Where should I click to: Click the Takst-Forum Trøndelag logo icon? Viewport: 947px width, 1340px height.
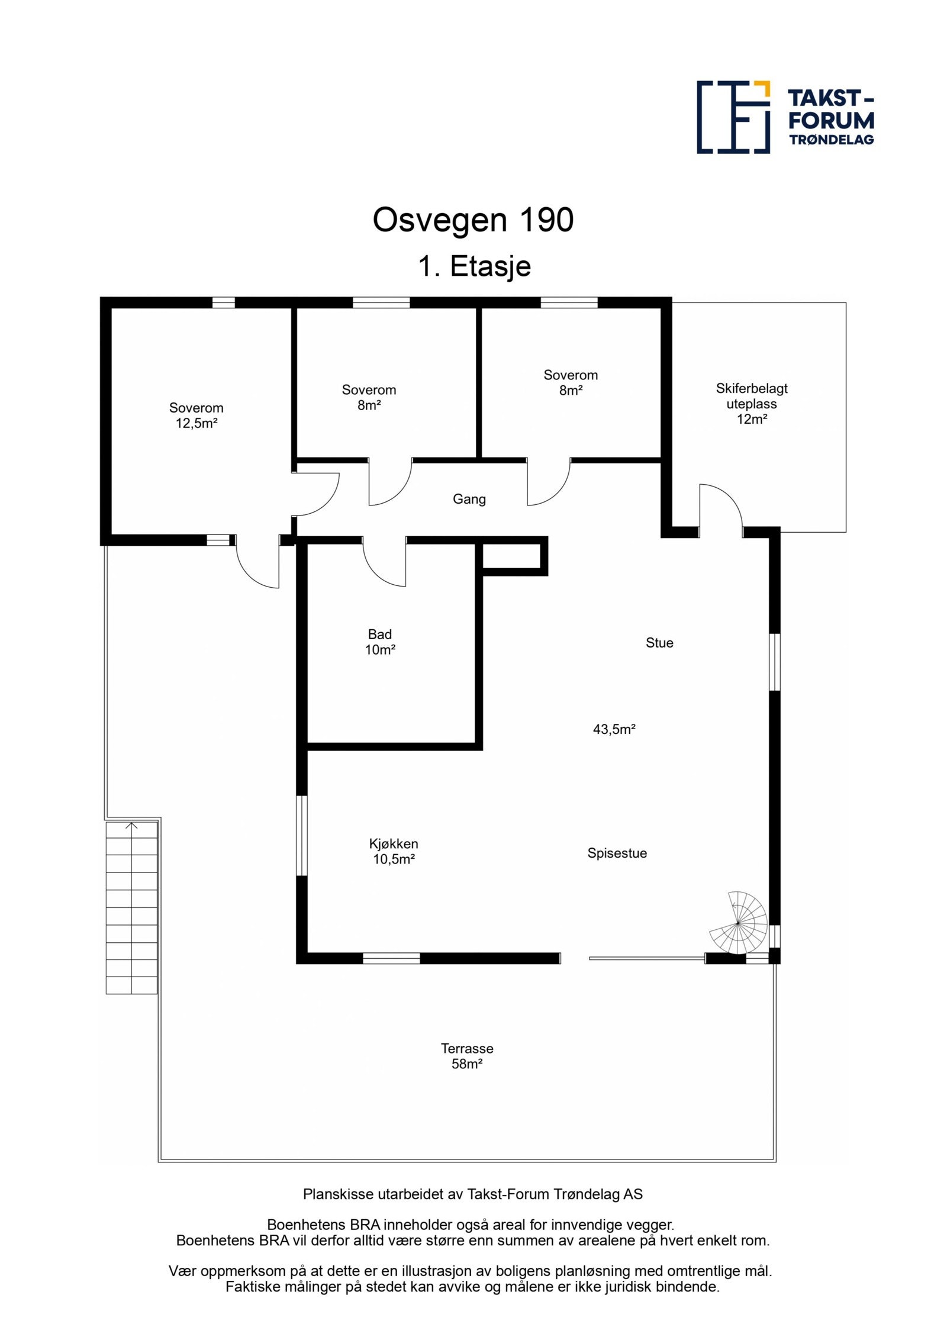click(733, 117)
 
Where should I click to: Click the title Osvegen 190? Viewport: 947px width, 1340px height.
click(473, 220)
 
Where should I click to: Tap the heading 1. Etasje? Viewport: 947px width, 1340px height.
click(474, 266)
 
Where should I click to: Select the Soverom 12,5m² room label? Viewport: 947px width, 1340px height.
click(197, 415)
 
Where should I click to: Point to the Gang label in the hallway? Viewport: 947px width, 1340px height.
click(469, 499)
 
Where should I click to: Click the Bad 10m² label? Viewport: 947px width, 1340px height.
click(380, 642)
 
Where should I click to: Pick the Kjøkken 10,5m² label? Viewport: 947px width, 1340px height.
click(394, 851)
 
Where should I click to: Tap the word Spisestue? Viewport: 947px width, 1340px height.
click(617, 853)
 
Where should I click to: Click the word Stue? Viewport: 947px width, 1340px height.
click(659, 643)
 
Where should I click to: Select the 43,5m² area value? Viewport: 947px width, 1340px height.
click(614, 729)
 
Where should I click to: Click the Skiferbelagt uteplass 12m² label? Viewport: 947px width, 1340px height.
click(752, 404)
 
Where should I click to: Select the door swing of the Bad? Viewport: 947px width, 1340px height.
click(384, 564)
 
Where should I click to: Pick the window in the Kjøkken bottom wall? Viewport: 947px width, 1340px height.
click(391, 958)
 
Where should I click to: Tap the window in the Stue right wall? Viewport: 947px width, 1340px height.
click(774, 662)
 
